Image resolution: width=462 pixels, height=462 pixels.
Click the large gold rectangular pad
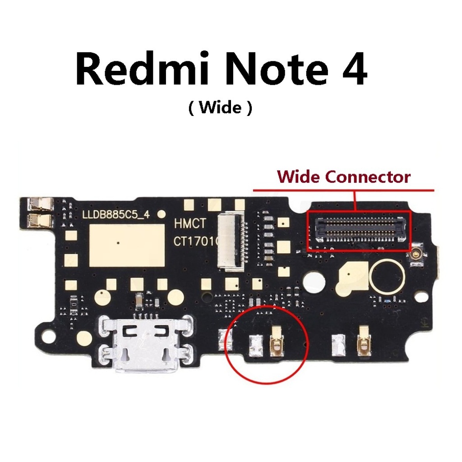(127, 245)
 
